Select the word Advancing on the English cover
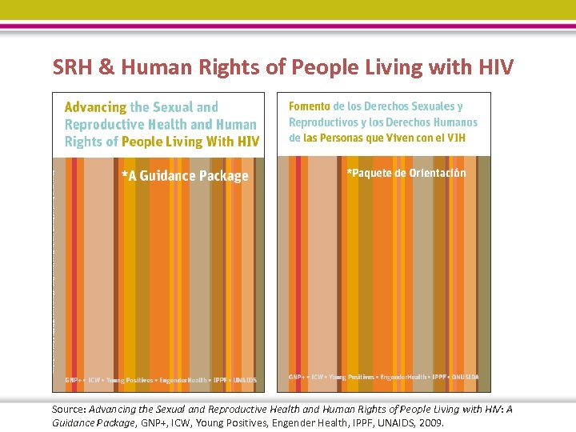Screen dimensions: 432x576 pyautogui.click(x=95, y=107)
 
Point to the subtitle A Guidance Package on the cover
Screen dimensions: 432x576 pyautogui.click(x=185, y=176)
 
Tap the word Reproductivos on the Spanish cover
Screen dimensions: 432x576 pyautogui.click(x=323, y=122)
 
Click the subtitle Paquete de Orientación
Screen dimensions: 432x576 pyautogui.click(x=406, y=173)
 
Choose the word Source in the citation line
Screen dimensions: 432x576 pyautogui.click(x=67, y=410)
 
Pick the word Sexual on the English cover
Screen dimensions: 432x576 pyautogui.click(x=173, y=107)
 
